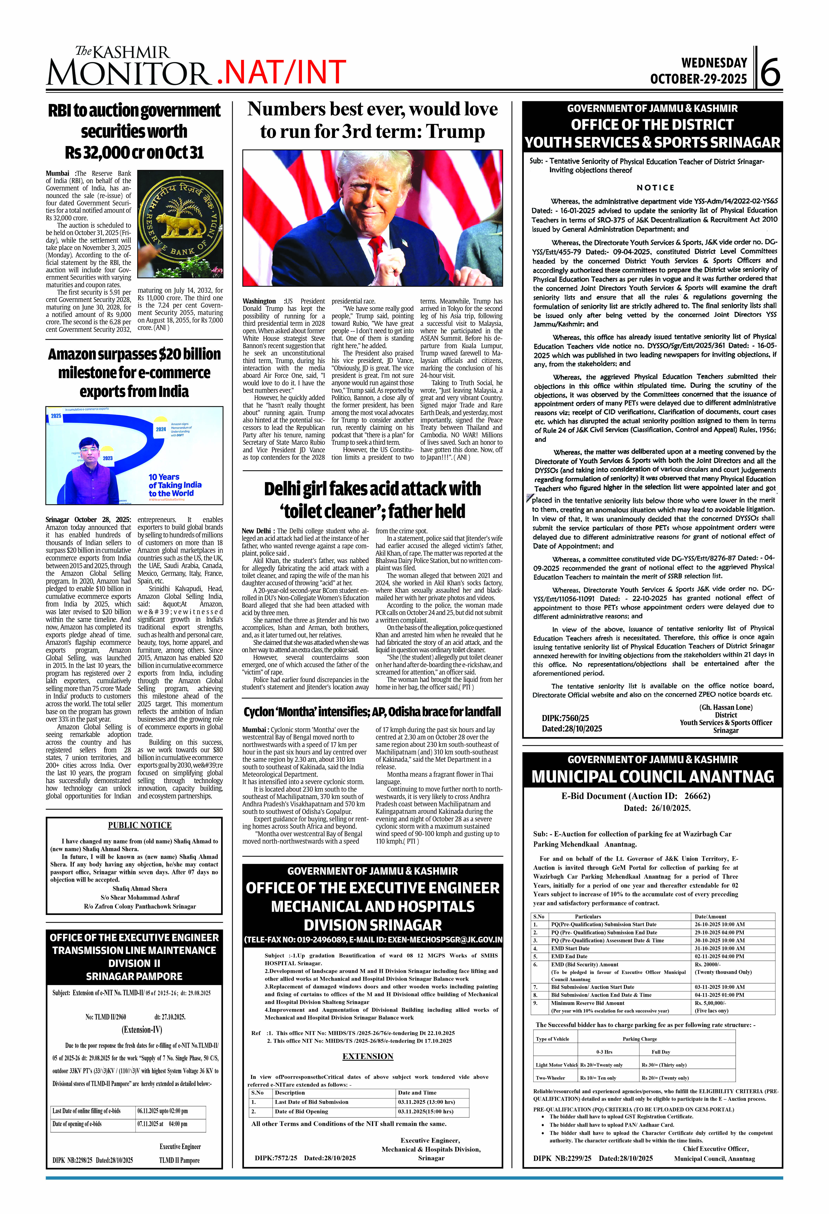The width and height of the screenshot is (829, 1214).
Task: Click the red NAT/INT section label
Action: point(281,73)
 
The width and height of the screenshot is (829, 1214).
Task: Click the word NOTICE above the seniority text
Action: point(655,188)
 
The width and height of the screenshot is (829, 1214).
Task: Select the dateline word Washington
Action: point(259,301)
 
